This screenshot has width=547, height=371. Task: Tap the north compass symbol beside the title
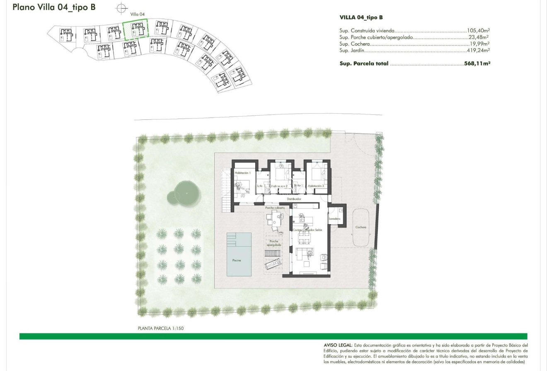(x=121, y=7)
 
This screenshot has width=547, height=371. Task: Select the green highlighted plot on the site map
(x=136, y=29)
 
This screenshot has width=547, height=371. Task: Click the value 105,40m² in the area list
(x=478, y=31)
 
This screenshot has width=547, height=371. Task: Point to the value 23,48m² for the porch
(x=479, y=37)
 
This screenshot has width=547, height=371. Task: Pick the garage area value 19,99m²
(x=479, y=44)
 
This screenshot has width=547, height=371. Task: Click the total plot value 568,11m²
(x=477, y=64)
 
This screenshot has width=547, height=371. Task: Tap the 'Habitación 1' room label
(x=242, y=172)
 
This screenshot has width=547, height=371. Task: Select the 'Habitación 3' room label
(x=316, y=186)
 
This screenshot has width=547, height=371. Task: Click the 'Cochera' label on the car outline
(x=361, y=227)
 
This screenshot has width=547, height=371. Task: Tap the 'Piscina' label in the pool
(x=236, y=260)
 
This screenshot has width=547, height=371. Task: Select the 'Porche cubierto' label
(x=275, y=208)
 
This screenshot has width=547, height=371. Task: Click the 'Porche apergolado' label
(x=273, y=243)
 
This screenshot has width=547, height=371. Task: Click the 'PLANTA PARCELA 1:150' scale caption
(x=160, y=328)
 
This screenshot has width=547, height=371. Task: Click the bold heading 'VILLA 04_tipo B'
(x=361, y=17)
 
